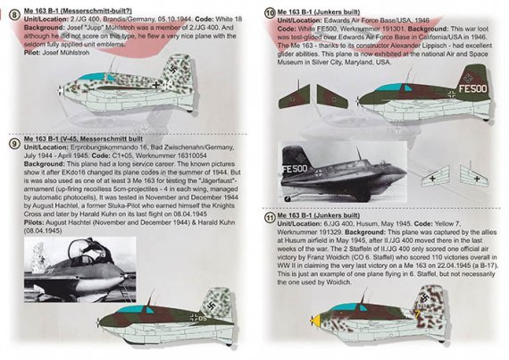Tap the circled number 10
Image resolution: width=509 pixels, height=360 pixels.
point(271,13)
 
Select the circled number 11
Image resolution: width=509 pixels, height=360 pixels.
point(271,217)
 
